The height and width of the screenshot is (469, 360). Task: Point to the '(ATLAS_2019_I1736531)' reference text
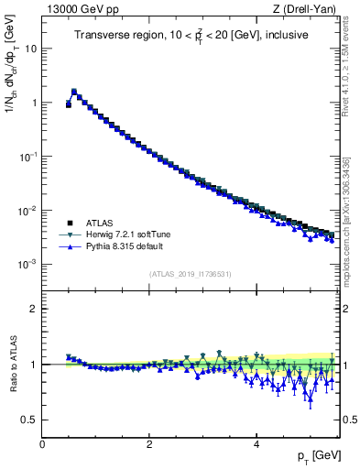tap(191, 274)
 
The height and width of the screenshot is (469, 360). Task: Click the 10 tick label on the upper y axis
tap(30, 49)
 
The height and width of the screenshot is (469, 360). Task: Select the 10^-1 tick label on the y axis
tap(27, 157)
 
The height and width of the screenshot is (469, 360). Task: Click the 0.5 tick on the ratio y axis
tap(29, 420)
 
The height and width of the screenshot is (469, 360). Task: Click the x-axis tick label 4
tap(256, 444)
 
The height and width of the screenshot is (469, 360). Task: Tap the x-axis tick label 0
tap(42, 444)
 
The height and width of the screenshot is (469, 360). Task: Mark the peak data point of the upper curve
tap(74, 92)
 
